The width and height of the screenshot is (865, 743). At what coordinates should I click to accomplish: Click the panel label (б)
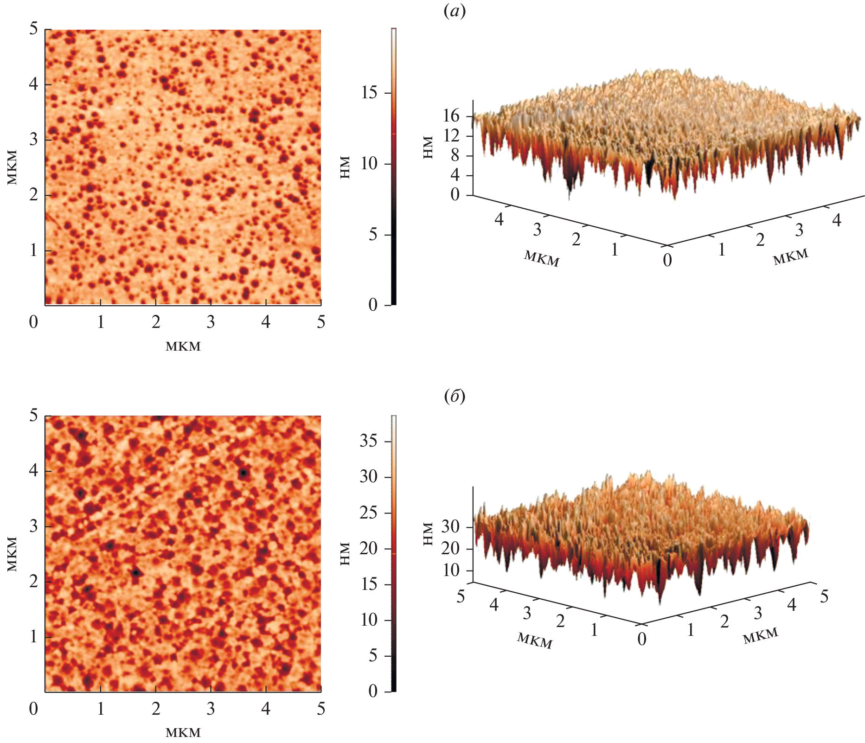455,397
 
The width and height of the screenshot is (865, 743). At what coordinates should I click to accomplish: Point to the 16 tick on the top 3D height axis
451,116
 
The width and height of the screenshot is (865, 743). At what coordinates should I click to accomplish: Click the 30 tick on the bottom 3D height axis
450,527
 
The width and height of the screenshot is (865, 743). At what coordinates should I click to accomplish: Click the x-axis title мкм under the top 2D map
183,346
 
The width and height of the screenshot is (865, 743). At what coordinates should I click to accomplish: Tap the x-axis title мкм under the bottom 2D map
183,733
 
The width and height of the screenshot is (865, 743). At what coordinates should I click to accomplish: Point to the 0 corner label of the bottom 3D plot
642,639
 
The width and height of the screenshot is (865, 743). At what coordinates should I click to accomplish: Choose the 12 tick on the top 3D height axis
451,136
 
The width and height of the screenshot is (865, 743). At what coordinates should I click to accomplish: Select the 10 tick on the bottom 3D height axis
450,570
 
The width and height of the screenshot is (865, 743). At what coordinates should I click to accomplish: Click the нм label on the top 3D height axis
428,147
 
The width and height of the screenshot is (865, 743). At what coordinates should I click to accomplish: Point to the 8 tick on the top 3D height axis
455,156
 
